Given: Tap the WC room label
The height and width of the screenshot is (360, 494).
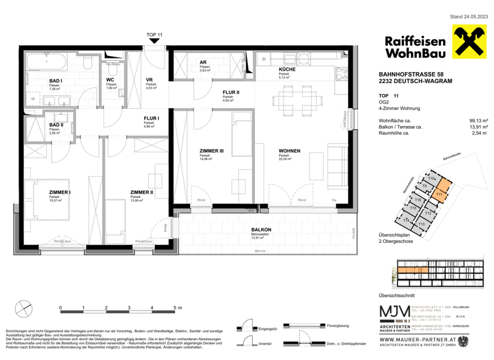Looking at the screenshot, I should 111,80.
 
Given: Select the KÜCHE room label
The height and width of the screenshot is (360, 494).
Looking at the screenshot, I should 287,69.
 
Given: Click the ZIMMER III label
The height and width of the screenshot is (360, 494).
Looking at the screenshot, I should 212,152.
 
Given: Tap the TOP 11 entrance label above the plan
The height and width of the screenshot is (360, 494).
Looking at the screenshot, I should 154,34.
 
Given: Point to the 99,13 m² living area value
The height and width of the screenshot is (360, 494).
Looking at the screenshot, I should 479,120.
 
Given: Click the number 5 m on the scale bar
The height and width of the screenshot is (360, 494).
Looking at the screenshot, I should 178,308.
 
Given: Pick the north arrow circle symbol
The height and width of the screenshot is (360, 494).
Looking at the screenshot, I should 24,307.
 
